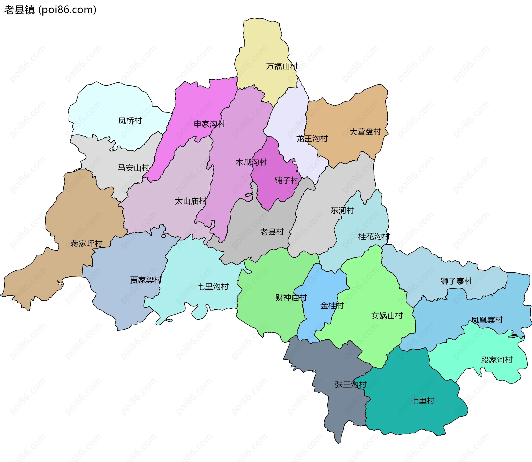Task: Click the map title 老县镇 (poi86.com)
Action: pyautogui.click(x=50, y=10)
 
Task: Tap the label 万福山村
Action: pyautogui.click(x=282, y=66)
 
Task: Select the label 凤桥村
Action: pyautogui.click(x=130, y=121)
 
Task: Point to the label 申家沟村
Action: pyautogui.click(x=209, y=124)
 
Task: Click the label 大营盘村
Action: pyautogui.click(x=365, y=132)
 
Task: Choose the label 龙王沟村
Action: pyautogui.click(x=312, y=138)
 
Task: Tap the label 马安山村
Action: pyautogui.click(x=133, y=168)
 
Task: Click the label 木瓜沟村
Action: pyautogui.click(x=251, y=162)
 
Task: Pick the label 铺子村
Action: pyautogui.click(x=287, y=180)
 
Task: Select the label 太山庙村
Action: pyautogui.click(x=190, y=201)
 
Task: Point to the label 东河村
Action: pyautogui.click(x=342, y=210)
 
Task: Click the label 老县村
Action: pyautogui.click(x=272, y=232)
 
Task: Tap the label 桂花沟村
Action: pyautogui.click(x=374, y=237)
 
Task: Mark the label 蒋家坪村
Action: pyautogui.click(x=86, y=243)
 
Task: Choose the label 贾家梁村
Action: pyautogui.click(x=146, y=280)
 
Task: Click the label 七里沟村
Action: pyautogui.click(x=213, y=286)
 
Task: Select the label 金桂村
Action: pyautogui.click(x=332, y=306)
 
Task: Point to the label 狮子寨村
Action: pyautogui.click(x=456, y=281)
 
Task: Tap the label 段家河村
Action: pyautogui.click(x=497, y=360)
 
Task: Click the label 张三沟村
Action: pyautogui.click(x=351, y=385)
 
